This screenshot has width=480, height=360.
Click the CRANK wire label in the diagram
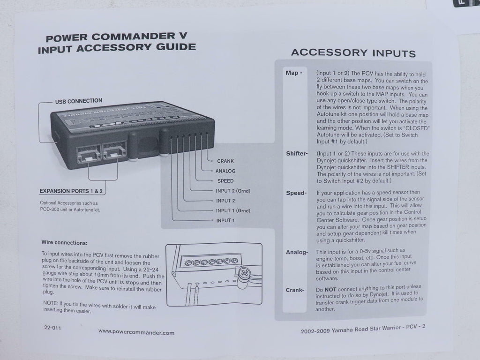(225, 161)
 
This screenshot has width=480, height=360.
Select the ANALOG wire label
(225, 171)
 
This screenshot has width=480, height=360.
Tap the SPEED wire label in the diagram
(225, 181)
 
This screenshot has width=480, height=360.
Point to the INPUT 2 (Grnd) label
(233, 191)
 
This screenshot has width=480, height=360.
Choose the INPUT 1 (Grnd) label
(233, 210)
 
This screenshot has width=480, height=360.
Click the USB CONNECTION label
(79, 101)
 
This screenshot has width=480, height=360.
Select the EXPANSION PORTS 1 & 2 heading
(71, 191)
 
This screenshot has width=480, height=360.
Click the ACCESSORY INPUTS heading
(353, 53)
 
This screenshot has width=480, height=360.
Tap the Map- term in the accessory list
(294, 73)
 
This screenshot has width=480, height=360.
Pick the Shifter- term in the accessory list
(297, 154)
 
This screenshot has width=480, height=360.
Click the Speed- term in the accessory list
(296, 193)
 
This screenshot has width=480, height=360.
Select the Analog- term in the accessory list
(297, 252)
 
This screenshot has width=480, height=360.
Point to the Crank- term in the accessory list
(295, 290)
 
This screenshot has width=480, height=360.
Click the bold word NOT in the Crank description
(330, 289)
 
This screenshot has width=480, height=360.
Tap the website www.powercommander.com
(136, 332)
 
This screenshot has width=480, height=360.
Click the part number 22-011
(52, 328)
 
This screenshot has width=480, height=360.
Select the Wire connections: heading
(64, 243)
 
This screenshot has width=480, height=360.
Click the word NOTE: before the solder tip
(51, 303)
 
